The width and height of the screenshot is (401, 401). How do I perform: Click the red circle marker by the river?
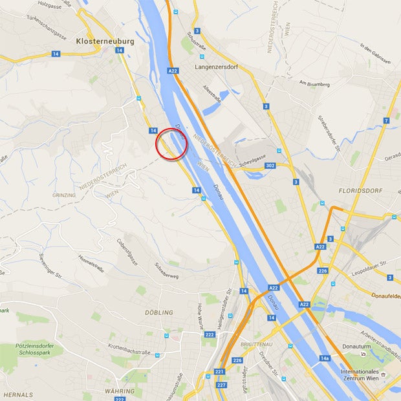(x=171, y=144)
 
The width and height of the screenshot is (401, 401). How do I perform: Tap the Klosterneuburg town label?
(x=105, y=41)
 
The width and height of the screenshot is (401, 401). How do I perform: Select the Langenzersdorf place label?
(x=222, y=66)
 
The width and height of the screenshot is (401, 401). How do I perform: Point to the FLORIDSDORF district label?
(x=360, y=191)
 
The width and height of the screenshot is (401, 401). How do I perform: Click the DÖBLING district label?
(x=160, y=312)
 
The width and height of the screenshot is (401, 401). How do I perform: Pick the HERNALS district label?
(x=18, y=394)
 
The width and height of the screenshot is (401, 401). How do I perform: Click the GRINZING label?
(x=63, y=195)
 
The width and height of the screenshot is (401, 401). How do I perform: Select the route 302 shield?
(x=271, y=166)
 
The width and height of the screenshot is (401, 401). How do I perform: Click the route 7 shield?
(x=386, y=121)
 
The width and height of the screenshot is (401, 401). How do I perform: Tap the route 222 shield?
(x=210, y=334)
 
